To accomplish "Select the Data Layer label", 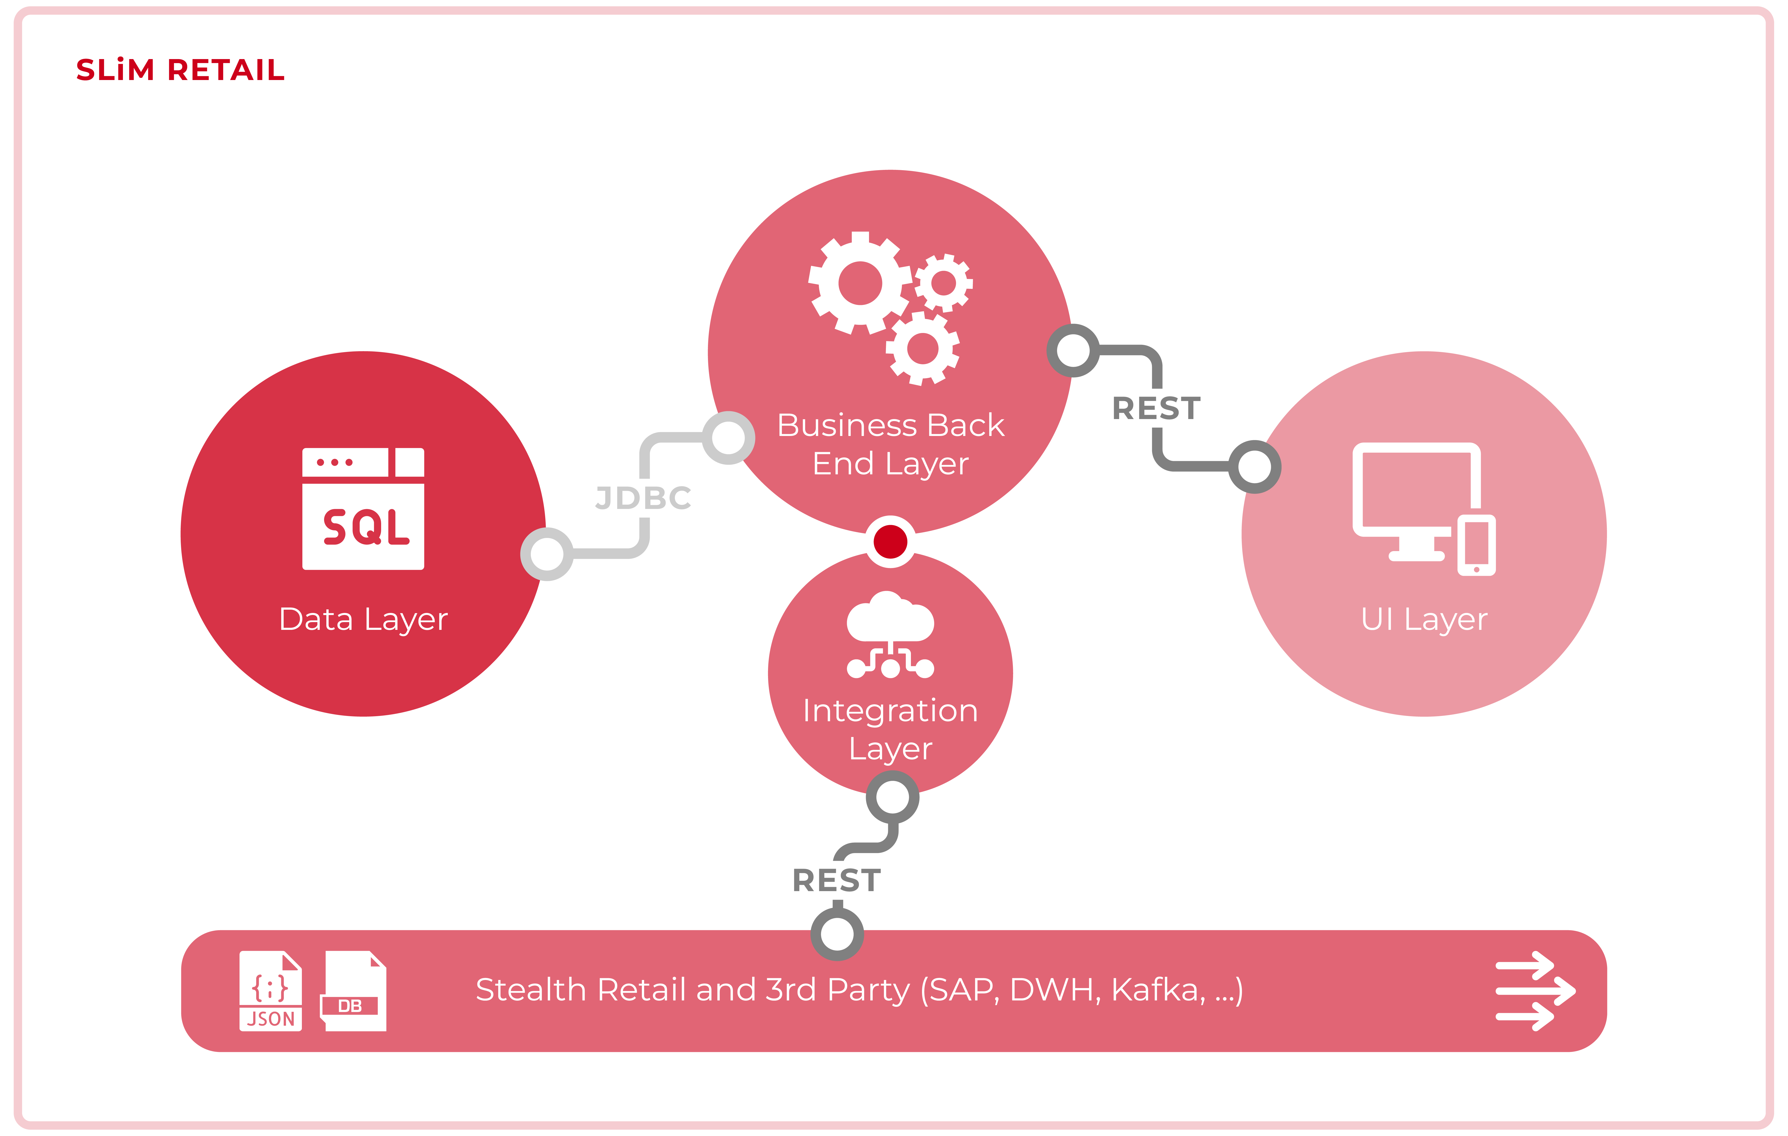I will (363, 619).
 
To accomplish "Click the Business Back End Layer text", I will (890, 444).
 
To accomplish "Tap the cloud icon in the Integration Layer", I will (890, 618).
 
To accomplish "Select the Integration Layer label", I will (890, 729).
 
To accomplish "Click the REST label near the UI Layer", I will (1156, 408).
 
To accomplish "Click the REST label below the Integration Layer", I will (837, 881).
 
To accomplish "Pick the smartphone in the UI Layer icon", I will (1476, 545).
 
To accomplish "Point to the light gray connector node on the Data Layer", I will (547, 554).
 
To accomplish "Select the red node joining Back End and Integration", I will (890, 541).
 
